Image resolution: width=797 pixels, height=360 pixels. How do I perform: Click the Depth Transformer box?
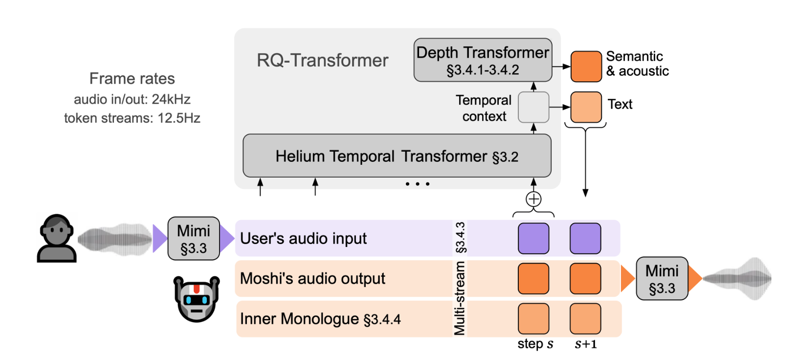tap(483, 60)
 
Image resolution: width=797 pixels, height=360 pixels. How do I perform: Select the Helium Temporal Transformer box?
tap(397, 156)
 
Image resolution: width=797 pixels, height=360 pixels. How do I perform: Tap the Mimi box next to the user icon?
tap(194, 239)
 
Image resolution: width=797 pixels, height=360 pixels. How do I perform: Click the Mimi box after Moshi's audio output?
tap(662, 278)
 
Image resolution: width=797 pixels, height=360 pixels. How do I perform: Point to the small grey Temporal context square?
tap(533, 107)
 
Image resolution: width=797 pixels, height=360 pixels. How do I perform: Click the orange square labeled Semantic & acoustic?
tap(586, 67)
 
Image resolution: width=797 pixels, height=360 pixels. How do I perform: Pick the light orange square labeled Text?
tap(586, 107)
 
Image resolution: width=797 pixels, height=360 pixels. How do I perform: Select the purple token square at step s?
tap(533, 238)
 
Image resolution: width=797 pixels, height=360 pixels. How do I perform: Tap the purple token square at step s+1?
tap(585, 238)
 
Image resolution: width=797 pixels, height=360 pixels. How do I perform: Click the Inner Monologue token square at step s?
tap(533, 318)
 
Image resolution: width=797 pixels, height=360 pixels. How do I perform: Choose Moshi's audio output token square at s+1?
tap(585, 278)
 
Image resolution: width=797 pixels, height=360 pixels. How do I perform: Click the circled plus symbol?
tap(533, 199)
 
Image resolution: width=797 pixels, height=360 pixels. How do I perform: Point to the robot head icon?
tap(197, 299)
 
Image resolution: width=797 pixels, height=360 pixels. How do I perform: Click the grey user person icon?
tap(57, 238)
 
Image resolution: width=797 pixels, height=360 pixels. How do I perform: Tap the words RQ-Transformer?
tap(322, 61)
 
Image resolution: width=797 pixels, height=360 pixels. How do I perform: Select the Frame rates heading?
tap(132, 79)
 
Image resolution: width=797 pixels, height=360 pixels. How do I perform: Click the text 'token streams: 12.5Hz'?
tap(132, 118)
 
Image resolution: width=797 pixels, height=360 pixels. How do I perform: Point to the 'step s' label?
tap(535, 344)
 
